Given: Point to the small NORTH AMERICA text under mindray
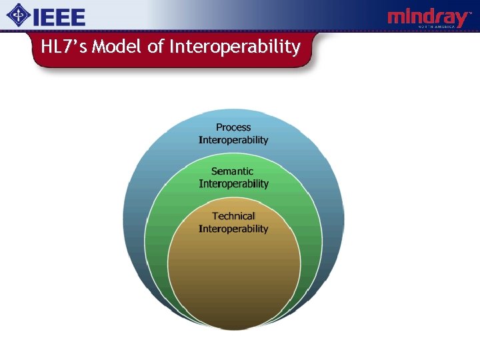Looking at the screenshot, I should [x=443, y=27].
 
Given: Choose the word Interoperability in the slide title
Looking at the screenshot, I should [x=235, y=47].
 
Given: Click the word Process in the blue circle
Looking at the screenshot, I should [x=233, y=127].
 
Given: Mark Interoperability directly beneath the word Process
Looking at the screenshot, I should [x=233, y=140].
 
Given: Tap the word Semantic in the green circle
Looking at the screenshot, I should [x=233, y=171].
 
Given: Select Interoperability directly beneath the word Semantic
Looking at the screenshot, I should [x=233, y=184].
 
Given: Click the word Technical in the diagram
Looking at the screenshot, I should [x=233, y=216].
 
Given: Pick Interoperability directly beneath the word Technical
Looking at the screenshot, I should [x=233, y=229].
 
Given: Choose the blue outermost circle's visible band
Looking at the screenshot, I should [x=137, y=200].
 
